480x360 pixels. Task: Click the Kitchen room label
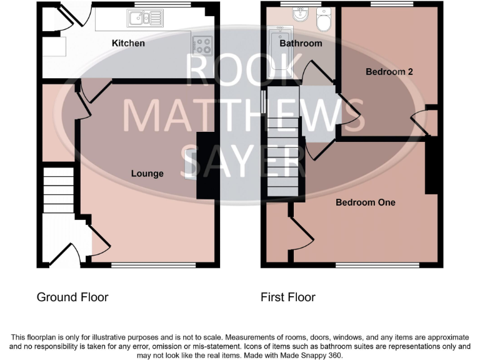[x=128, y=43]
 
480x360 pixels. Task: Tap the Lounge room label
[x=147, y=173]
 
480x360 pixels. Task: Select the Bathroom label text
[x=301, y=43]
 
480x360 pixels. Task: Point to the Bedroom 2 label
[x=389, y=72]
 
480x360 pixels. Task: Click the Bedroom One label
[x=366, y=202]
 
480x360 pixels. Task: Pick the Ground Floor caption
[x=72, y=297]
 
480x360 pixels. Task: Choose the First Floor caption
[x=288, y=297]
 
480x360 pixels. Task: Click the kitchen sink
[x=143, y=19]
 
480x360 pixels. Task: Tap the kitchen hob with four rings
[x=202, y=44]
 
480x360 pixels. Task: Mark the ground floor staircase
[x=58, y=187]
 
